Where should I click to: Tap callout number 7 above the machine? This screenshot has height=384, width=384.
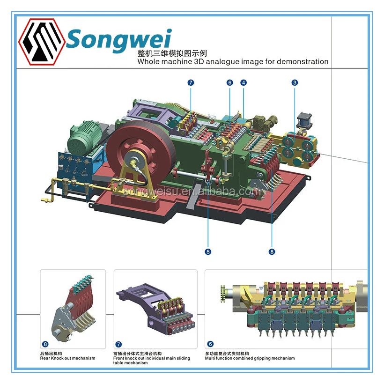click(191, 83)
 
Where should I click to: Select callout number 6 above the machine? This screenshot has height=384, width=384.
click(229, 83)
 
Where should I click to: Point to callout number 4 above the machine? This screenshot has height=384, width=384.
click(244, 83)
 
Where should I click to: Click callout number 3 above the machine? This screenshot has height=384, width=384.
click(295, 83)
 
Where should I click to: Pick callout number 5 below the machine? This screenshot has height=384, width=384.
click(208, 251)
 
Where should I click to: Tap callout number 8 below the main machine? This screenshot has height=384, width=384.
click(272, 251)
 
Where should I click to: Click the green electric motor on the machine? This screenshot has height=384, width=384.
click(86, 134)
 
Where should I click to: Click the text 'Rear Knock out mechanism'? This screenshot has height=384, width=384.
click(67, 358)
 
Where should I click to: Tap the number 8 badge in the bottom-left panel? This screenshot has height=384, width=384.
click(45, 344)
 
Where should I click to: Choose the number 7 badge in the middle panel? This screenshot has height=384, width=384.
click(118, 344)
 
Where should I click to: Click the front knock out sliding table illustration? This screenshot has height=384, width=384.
click(155, 307)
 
